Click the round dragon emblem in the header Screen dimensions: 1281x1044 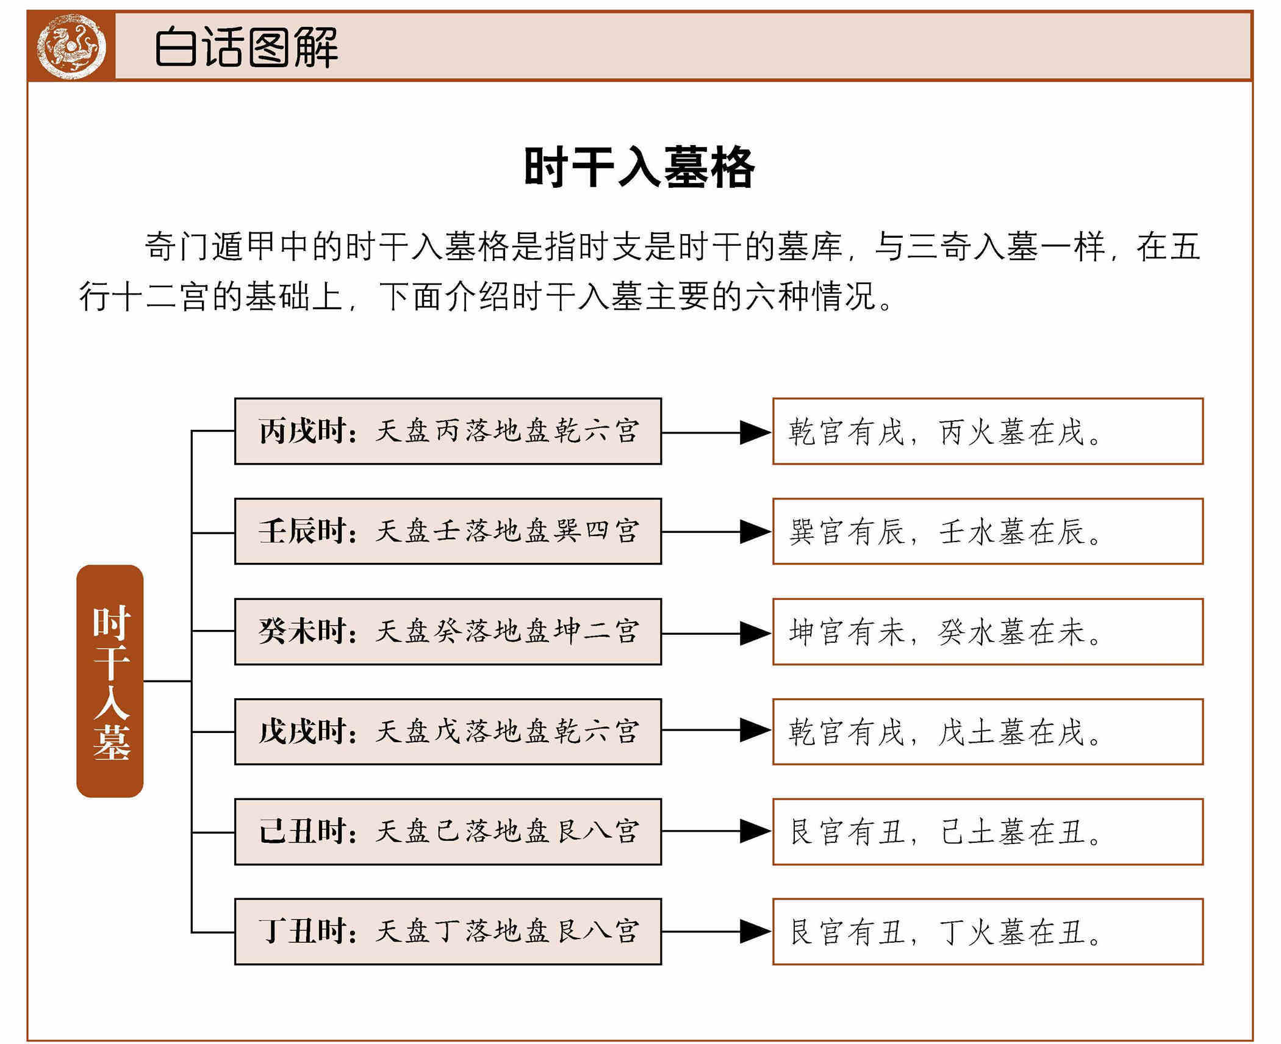coord(71,46)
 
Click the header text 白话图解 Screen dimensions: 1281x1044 coord(246,47)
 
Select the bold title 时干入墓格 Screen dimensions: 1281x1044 coord(639,167)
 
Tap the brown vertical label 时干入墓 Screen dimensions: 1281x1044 coord(110,681)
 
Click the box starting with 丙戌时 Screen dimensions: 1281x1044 coord(448,431)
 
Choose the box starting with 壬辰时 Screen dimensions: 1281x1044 coord(448,531)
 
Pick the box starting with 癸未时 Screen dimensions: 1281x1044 coord(448,631)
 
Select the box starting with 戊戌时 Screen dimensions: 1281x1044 coord(448,731)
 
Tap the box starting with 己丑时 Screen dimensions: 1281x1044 coord(448,831)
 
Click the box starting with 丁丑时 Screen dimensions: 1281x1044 coord(448,931)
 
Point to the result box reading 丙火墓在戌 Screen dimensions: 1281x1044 coord(988,431)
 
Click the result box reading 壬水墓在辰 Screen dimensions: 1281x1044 coord(988,531)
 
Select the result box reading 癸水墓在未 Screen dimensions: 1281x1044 coord(988,631)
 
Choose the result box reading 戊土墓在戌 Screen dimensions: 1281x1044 coord(988,731)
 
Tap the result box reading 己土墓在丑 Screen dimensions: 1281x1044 coord(988,831)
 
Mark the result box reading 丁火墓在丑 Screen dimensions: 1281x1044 coord(988,931)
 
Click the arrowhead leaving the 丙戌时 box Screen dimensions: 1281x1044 coord(755,432)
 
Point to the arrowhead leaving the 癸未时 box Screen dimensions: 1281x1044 coord(755,633)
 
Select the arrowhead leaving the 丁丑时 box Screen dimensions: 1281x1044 coord(755,931)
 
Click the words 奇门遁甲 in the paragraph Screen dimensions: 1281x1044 coord(210,247)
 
